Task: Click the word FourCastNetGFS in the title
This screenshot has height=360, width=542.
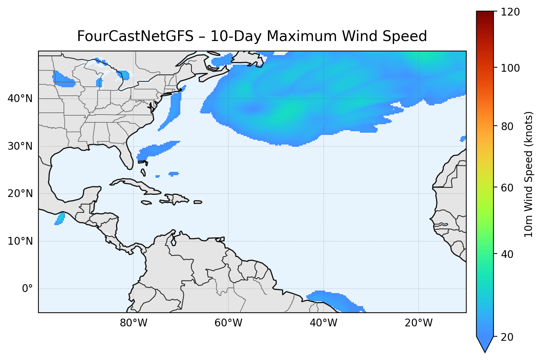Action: pos(135,37)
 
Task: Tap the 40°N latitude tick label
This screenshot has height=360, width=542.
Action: pos(20,99)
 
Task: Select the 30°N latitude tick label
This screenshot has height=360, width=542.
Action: pos(20,146)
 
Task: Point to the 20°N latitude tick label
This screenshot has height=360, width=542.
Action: pos(20,194)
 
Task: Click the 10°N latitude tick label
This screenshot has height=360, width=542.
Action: pos(20,241)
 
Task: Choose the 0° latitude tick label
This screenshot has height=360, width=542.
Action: pos(27,289)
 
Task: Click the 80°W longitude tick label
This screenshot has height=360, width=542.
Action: pos(133,323)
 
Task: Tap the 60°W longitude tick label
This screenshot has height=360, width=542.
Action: pos(228,323)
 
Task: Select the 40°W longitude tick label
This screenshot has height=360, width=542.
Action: pos(323,323)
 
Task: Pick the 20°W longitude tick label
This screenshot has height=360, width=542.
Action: pos(418,323)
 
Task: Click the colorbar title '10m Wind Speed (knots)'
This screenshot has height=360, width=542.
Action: pos(529,174)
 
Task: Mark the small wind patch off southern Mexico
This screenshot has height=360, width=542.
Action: pos(60,218)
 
